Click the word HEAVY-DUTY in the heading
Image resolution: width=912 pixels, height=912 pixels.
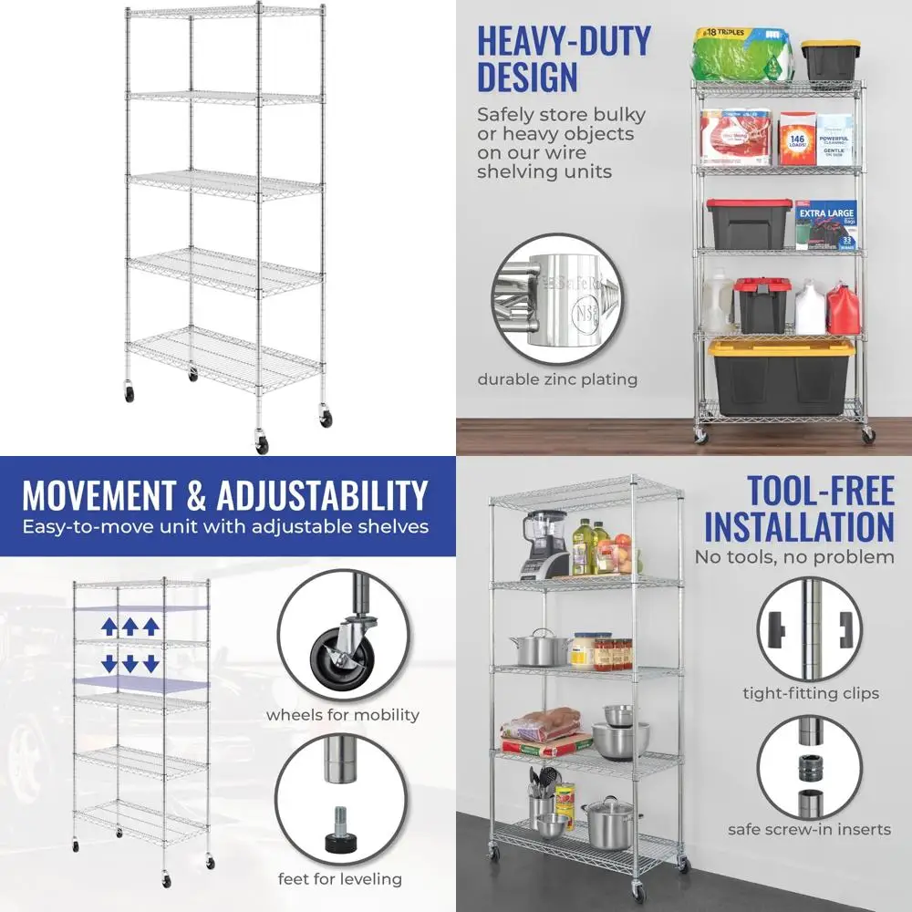pos(565,42)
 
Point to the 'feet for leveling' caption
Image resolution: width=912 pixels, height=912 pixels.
pos(339,879)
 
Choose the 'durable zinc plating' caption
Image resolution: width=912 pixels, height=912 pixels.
pos(557,379)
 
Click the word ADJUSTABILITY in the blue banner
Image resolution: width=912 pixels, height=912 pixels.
pos(321,496)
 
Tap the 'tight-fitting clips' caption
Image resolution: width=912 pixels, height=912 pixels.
pos(811,693)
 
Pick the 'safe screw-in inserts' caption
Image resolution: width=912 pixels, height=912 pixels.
pos(809,829)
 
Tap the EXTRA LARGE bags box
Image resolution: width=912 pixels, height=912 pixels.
pos(825,225)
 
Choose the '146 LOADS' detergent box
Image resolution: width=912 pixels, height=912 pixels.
pos(797,138)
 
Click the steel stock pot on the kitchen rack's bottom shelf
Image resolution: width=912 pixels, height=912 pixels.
pos(608,823)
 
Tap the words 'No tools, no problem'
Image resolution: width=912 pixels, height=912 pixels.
pos(794,556)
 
